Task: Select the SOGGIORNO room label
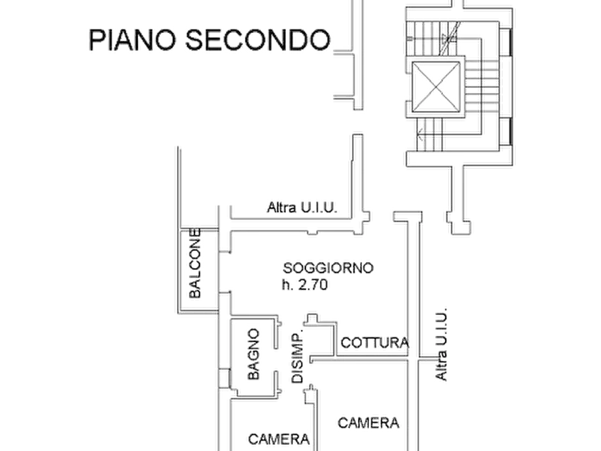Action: click(x=328, y=267)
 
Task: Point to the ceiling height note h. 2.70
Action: click(x=307, y=285)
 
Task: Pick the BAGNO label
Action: click(x=253, y=355)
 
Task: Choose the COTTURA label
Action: click(x=375, y=343)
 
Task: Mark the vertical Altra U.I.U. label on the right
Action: click(x=440, y=347)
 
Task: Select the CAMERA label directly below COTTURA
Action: click(x=369, y=423)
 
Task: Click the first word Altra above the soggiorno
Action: click(x=280, y=208)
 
